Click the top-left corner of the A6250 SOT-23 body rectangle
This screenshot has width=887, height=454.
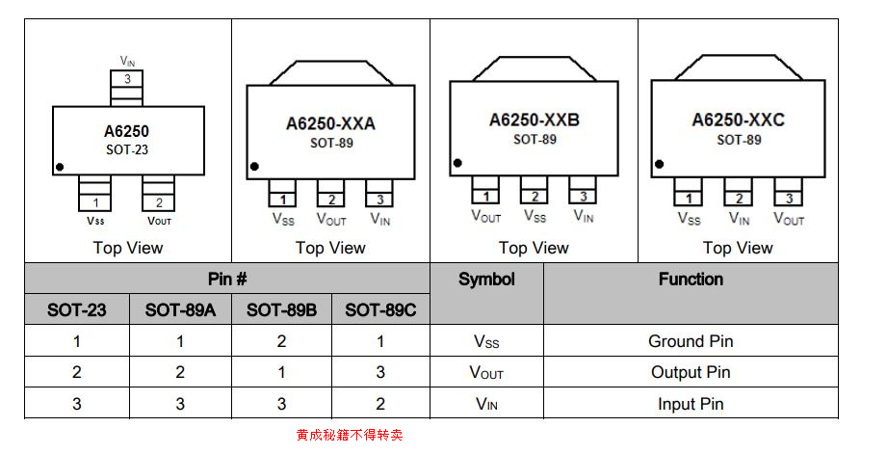[53, 106]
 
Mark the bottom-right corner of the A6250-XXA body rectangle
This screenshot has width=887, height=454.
[415, 179]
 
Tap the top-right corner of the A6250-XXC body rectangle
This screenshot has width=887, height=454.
[824, 81]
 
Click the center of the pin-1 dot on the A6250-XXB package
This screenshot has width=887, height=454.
[457, 163]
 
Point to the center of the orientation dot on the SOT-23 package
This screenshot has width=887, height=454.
[60, 167]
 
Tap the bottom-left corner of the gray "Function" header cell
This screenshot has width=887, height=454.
[543, 325]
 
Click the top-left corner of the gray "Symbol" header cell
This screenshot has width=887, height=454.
[430, 264]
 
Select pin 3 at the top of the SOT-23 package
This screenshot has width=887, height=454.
[127, 88]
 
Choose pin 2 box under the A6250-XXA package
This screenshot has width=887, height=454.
[331, 193]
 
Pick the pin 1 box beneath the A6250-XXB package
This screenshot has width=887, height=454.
[486, 190]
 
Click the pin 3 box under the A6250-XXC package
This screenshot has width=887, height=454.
[789, 192]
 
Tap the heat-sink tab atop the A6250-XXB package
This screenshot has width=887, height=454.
[534, 68]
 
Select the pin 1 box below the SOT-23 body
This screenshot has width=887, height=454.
[95, 193]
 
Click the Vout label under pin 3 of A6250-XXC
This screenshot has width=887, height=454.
[789, 219]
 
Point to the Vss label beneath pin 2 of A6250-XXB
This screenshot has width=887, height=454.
[535, 216]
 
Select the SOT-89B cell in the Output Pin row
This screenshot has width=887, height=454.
[282, 372]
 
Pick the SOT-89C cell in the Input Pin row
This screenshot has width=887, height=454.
[380, 403]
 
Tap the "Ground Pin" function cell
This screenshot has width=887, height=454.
[691, 341]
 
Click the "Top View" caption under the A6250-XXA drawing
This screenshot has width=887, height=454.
[330, 248]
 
